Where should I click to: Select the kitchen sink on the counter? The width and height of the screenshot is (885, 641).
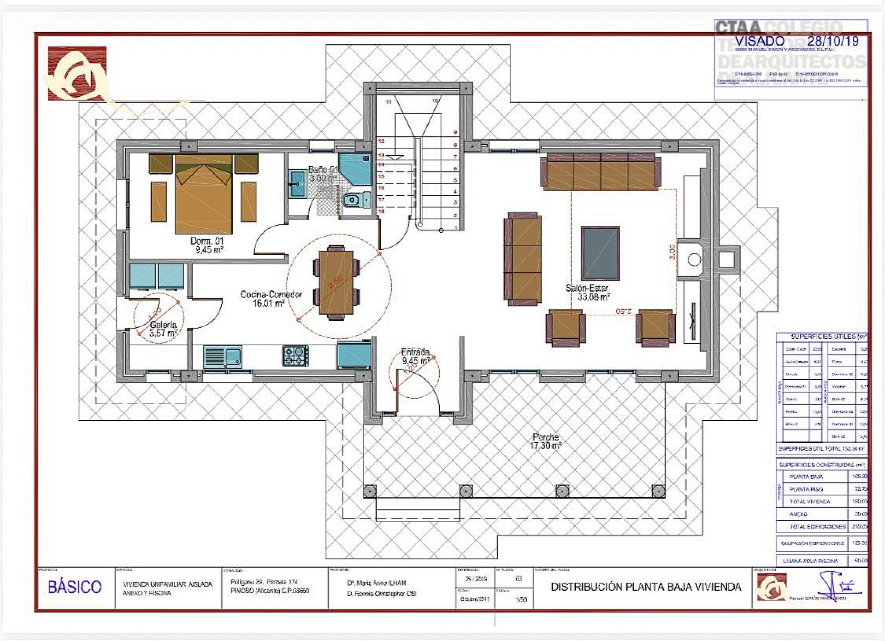tap(222, 357)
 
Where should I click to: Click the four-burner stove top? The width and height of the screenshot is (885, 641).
tap(295, 356)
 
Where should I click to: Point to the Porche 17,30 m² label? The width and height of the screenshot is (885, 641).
tap(546, 441)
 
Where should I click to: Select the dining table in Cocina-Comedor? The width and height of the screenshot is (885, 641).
tap(336, 282)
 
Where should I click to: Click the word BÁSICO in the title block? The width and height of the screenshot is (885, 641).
tap(75, 587)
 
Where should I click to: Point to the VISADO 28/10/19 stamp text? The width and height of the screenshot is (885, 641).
tap(796, 41)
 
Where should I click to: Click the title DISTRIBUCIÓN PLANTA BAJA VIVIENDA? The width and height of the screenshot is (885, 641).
tap(646, 587)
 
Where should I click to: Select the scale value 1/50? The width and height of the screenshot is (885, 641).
tap(521, 600)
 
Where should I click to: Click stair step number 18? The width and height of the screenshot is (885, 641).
tap(381, 211)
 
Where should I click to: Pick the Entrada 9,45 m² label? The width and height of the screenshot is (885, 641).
tap(416, 356)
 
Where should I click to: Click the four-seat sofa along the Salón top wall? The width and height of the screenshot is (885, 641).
tap(601, 171)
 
